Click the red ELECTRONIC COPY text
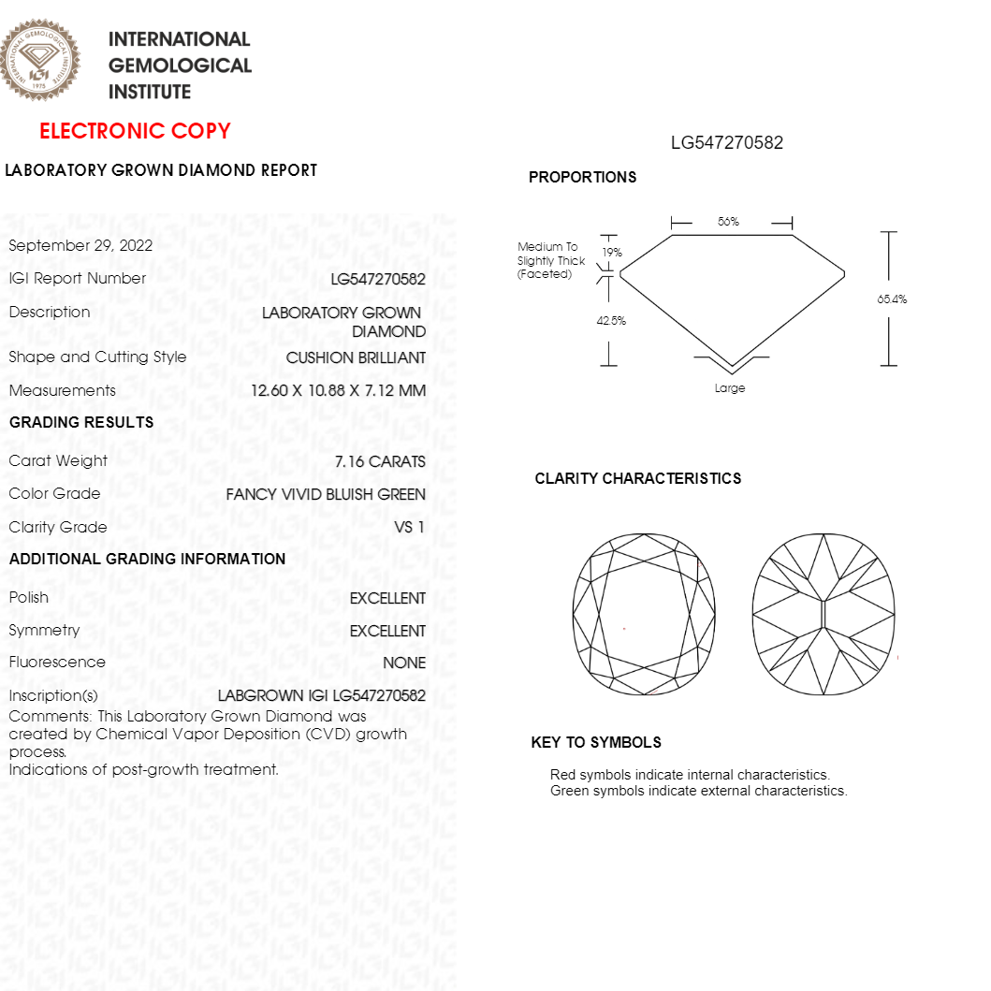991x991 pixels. [135, 131]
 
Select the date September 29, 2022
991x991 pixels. [80, 246]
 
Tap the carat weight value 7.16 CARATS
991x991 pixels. [380, 461]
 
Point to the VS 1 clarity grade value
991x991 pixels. [410, 528]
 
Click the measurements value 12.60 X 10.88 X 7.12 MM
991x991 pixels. [338, 391]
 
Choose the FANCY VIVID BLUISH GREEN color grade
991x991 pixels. [326, 494]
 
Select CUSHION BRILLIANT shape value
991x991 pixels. [356, 358]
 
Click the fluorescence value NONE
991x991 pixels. [404, 663]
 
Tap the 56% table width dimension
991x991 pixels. [728, 222]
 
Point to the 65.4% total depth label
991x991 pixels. [892, 299]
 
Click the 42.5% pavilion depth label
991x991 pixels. [611, 321]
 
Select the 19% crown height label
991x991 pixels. [612, 253]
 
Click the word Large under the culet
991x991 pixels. [730, 388]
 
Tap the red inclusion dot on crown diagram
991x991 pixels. [624, 628]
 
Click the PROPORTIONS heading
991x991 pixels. [582, 178]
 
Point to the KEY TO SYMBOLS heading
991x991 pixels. [596, 743]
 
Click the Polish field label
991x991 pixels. [29, 597]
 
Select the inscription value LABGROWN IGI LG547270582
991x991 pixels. [322, 696]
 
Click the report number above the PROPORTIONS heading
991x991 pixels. [727, 143]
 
